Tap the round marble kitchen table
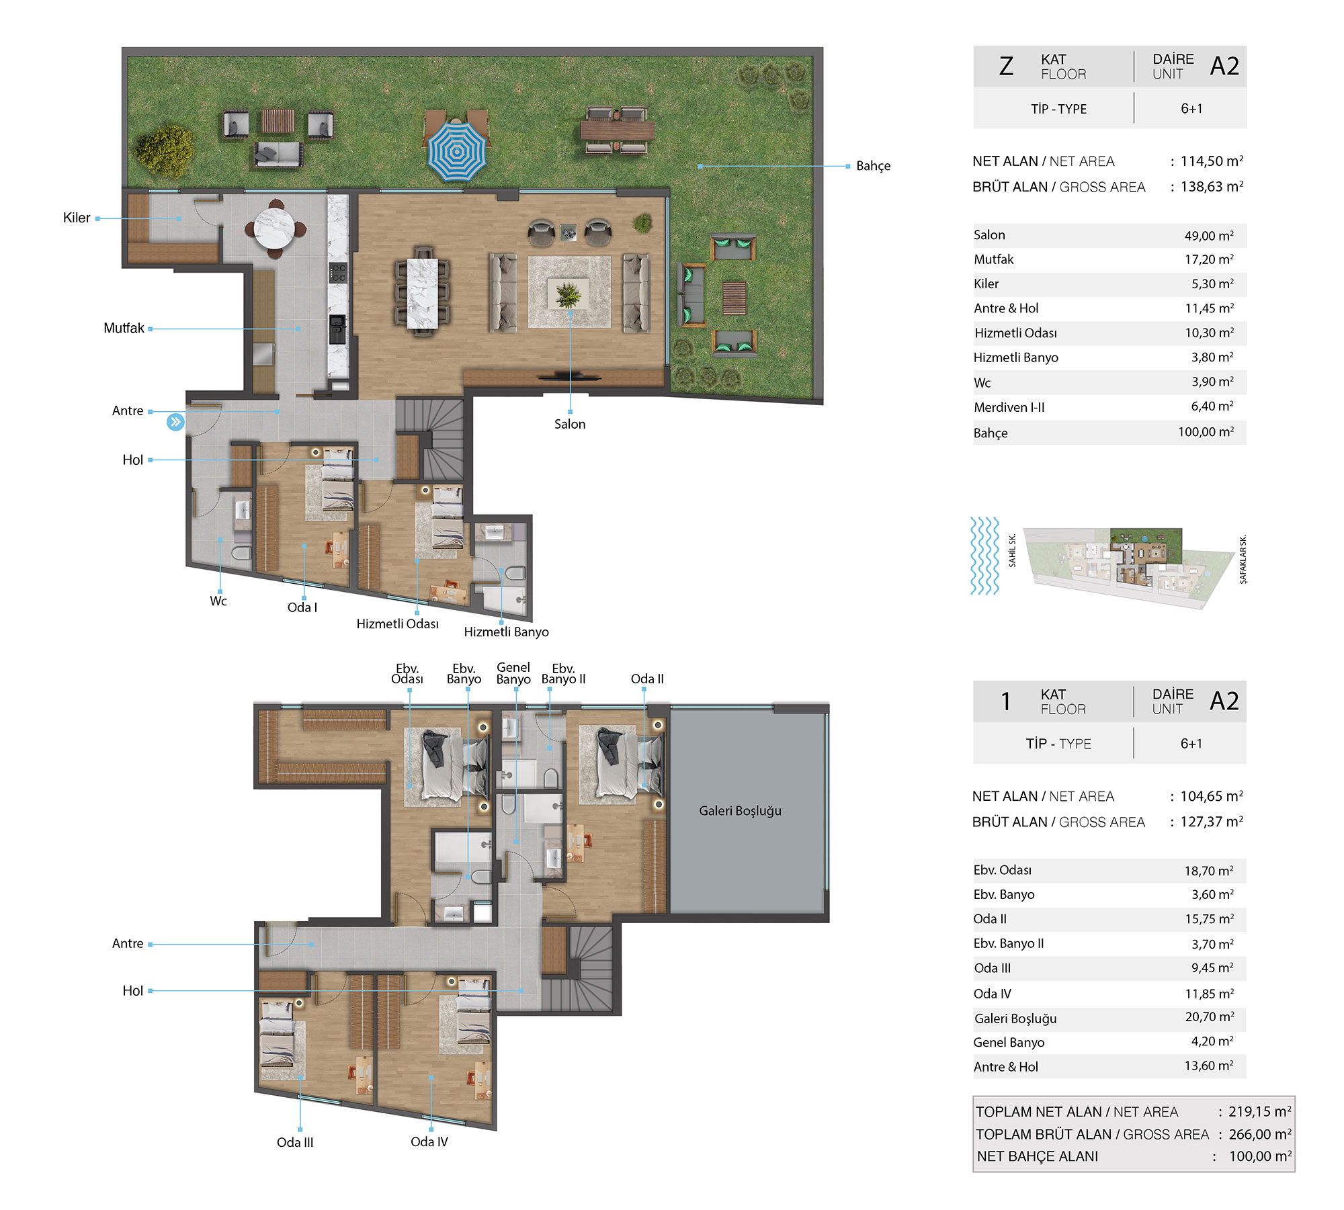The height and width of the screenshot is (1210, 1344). [274, 228]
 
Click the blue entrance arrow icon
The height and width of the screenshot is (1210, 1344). [175, 422]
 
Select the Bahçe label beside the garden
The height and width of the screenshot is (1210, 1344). [873, 166]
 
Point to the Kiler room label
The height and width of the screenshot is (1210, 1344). [77, 218]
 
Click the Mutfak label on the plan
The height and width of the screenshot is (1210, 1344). [124, 329]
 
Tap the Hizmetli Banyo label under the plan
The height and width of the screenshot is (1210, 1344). [506, 632]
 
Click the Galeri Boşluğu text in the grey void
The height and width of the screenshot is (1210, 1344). [740, 811]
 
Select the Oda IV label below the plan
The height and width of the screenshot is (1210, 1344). [429, 1141]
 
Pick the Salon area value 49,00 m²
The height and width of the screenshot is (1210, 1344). [1209, 236]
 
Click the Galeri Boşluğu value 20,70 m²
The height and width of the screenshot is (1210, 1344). [1210, 1017]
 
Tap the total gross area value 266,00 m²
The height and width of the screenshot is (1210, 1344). [1260, 1134]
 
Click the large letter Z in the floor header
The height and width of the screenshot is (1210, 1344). [1006, 66]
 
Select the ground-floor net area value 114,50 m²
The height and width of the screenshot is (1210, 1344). [1212, 161]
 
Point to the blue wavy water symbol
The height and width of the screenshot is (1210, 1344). [984, 556]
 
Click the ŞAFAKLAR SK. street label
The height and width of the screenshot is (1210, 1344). [1243, 559]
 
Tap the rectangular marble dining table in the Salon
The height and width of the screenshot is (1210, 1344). [423, 293]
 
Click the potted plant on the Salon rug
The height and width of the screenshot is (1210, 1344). [569, 294]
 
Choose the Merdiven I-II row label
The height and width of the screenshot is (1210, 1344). [1009, 407]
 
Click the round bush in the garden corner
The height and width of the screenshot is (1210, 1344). [164, 152]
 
